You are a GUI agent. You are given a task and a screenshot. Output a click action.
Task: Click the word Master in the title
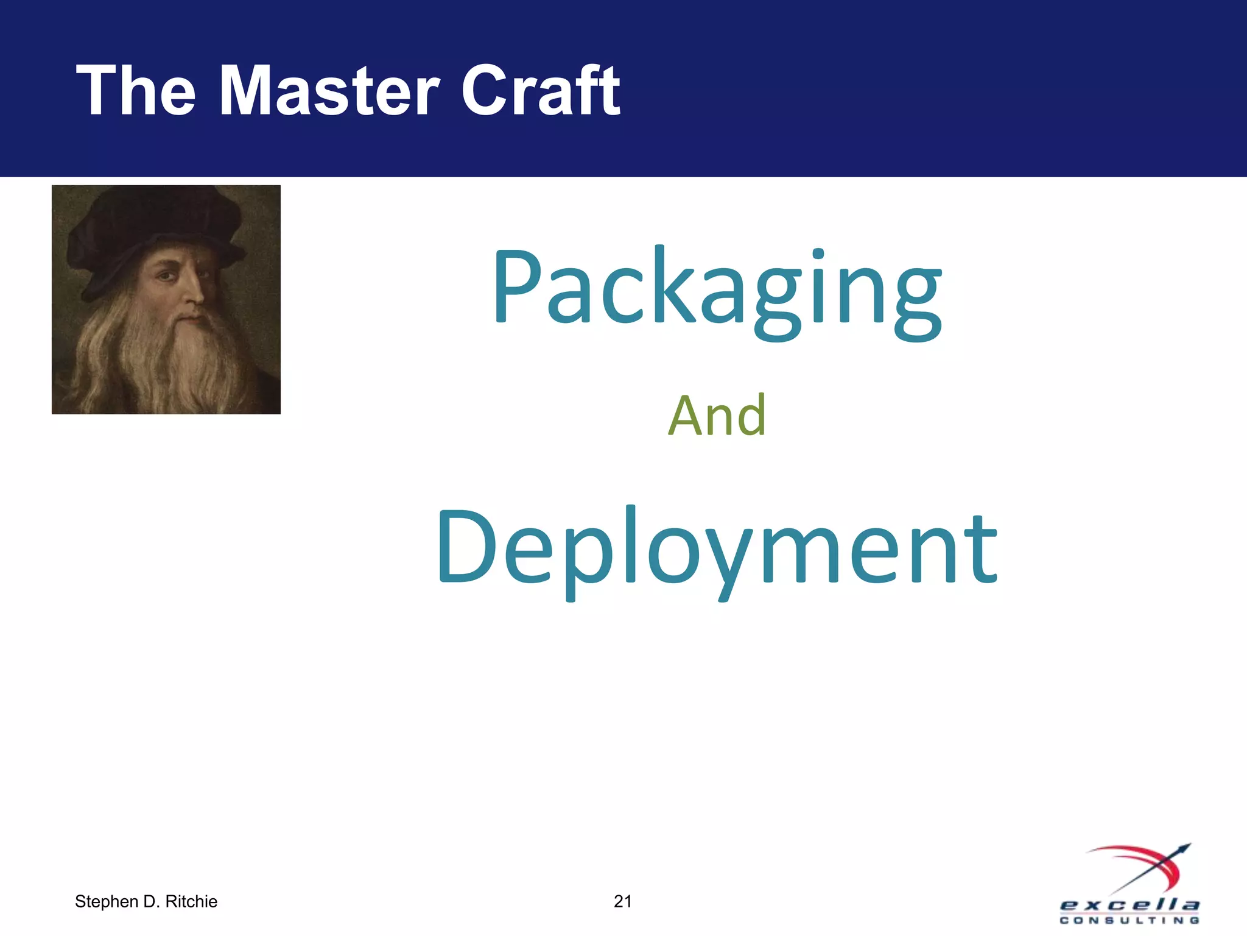(x=329, y=91)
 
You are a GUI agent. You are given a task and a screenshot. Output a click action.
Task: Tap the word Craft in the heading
(x=541, y=91)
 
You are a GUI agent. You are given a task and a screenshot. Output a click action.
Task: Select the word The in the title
(x=136, y=91)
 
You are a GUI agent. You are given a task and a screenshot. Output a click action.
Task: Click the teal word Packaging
(x=717, y=290)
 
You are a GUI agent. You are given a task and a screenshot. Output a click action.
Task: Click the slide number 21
(x=622, y=901)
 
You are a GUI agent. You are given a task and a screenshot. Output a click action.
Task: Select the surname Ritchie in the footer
(x=191, y=901)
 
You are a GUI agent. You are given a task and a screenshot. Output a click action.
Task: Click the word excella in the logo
(x=1129, y=905)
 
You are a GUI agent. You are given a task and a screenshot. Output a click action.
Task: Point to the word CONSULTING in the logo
(x=1129, y=920)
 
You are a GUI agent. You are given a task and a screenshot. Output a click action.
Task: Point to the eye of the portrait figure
(x=166, y=276)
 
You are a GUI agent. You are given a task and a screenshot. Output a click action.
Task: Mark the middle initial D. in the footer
(x=152, y=901)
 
